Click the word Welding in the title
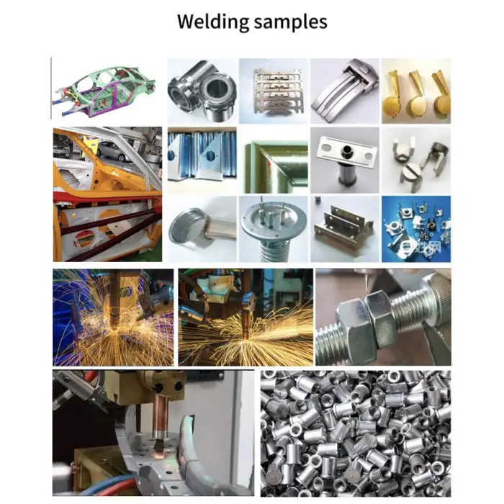point(213,22)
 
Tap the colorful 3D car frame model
point(104,91)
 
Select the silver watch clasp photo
point(345,91)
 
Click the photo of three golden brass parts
point(416,91)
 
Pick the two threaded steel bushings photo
point(202,91)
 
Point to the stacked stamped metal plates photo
point(273,91)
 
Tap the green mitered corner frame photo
point(273,160)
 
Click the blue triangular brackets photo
point(202,160)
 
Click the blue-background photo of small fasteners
point(416,229)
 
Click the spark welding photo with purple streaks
point(113,318)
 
